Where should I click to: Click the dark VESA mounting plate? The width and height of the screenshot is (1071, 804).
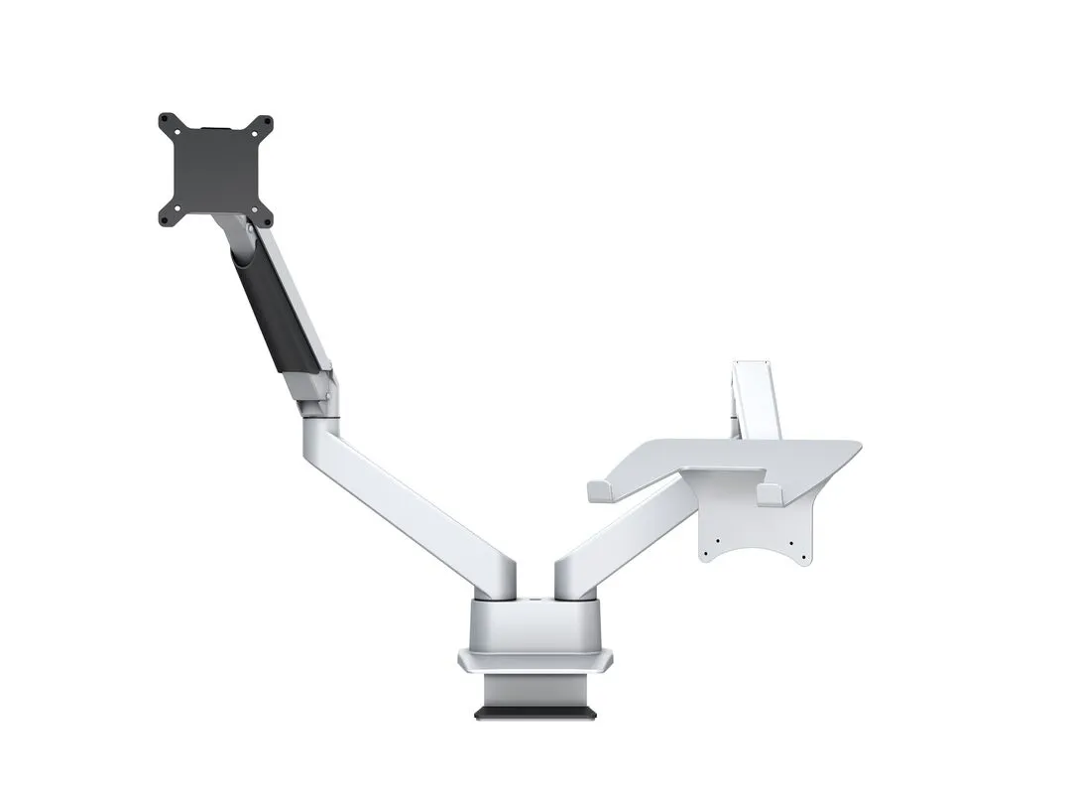click(x=215, y=170)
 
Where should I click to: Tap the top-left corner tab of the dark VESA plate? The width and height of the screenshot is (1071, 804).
click(x=166, y=122)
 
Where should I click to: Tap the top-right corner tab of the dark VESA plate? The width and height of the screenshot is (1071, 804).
click(x=267, y=122)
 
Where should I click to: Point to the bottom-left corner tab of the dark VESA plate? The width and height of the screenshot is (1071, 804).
click(x=166, y=218)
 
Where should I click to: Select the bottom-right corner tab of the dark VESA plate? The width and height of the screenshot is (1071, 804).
click(x=266, y=218)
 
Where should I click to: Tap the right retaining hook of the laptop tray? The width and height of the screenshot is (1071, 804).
click(x=769, y=494)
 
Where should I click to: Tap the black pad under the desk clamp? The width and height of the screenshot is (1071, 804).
click(x=535, y=713)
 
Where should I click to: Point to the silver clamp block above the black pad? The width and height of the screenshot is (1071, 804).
click(x=535, y=690)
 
